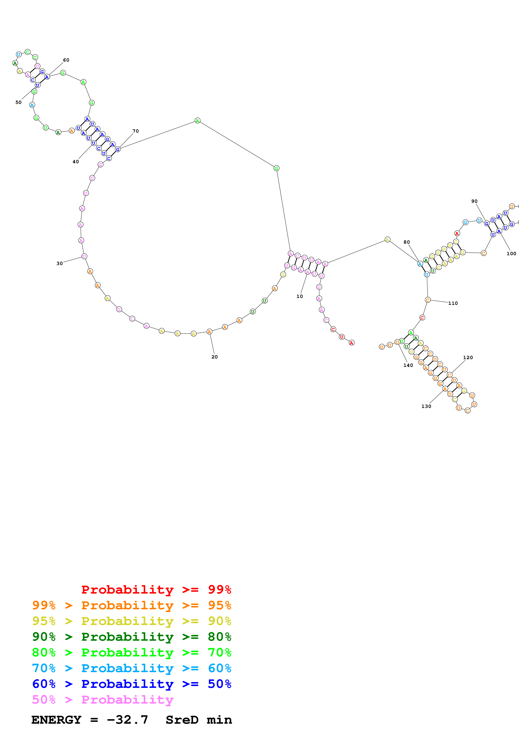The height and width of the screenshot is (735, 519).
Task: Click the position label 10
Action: [x=299, y=296]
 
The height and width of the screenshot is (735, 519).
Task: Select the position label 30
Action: [x=59, y=263]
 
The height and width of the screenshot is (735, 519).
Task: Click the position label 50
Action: [x=19, y=102]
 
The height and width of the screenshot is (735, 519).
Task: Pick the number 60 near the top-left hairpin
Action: [x=66, y=60]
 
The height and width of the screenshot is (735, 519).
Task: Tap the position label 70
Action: [x=136, y=131]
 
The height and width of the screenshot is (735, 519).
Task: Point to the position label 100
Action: [x=511, y=254]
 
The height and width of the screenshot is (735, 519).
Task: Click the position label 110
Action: [x=453, y=303]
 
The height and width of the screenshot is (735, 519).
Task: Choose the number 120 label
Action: [x=468, y=358]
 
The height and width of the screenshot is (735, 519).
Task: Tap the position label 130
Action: [x=426, y=406]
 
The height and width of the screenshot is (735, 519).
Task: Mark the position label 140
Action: [x=408, y=365]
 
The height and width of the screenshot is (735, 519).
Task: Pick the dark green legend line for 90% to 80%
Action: [x=131, y=637]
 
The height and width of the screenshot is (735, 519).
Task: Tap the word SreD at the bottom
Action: [x=182, y=720]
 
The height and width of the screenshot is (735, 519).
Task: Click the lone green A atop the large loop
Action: [x=197, y=121]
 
